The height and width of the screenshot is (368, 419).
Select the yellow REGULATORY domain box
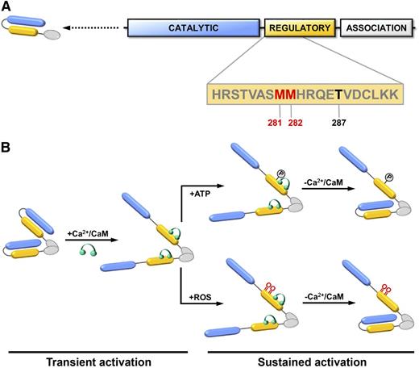pyautogui.click(x=299, y=30)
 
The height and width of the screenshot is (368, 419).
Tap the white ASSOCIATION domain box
pyautogui.click(x=376, y=30)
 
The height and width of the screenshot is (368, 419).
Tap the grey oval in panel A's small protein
pyautogui.click(x=52, y=35)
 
